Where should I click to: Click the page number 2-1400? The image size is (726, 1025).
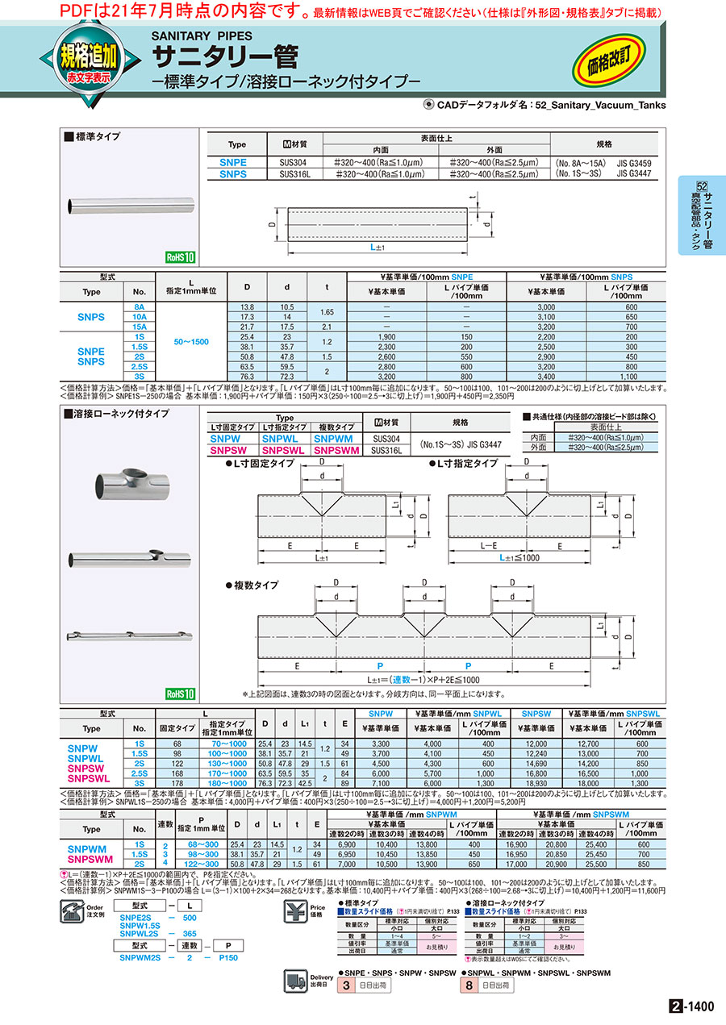pos(692,1006)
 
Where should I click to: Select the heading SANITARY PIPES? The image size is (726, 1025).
pos(202,35)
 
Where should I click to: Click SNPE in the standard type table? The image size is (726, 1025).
pos(233,161)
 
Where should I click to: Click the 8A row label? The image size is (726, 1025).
pos(140,307)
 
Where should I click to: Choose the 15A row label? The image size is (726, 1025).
pos(140,327)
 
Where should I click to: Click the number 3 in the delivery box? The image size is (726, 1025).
pos(345,985)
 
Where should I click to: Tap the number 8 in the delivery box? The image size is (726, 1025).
pos(467,985)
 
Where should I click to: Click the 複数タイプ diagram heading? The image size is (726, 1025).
pos(255,585)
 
